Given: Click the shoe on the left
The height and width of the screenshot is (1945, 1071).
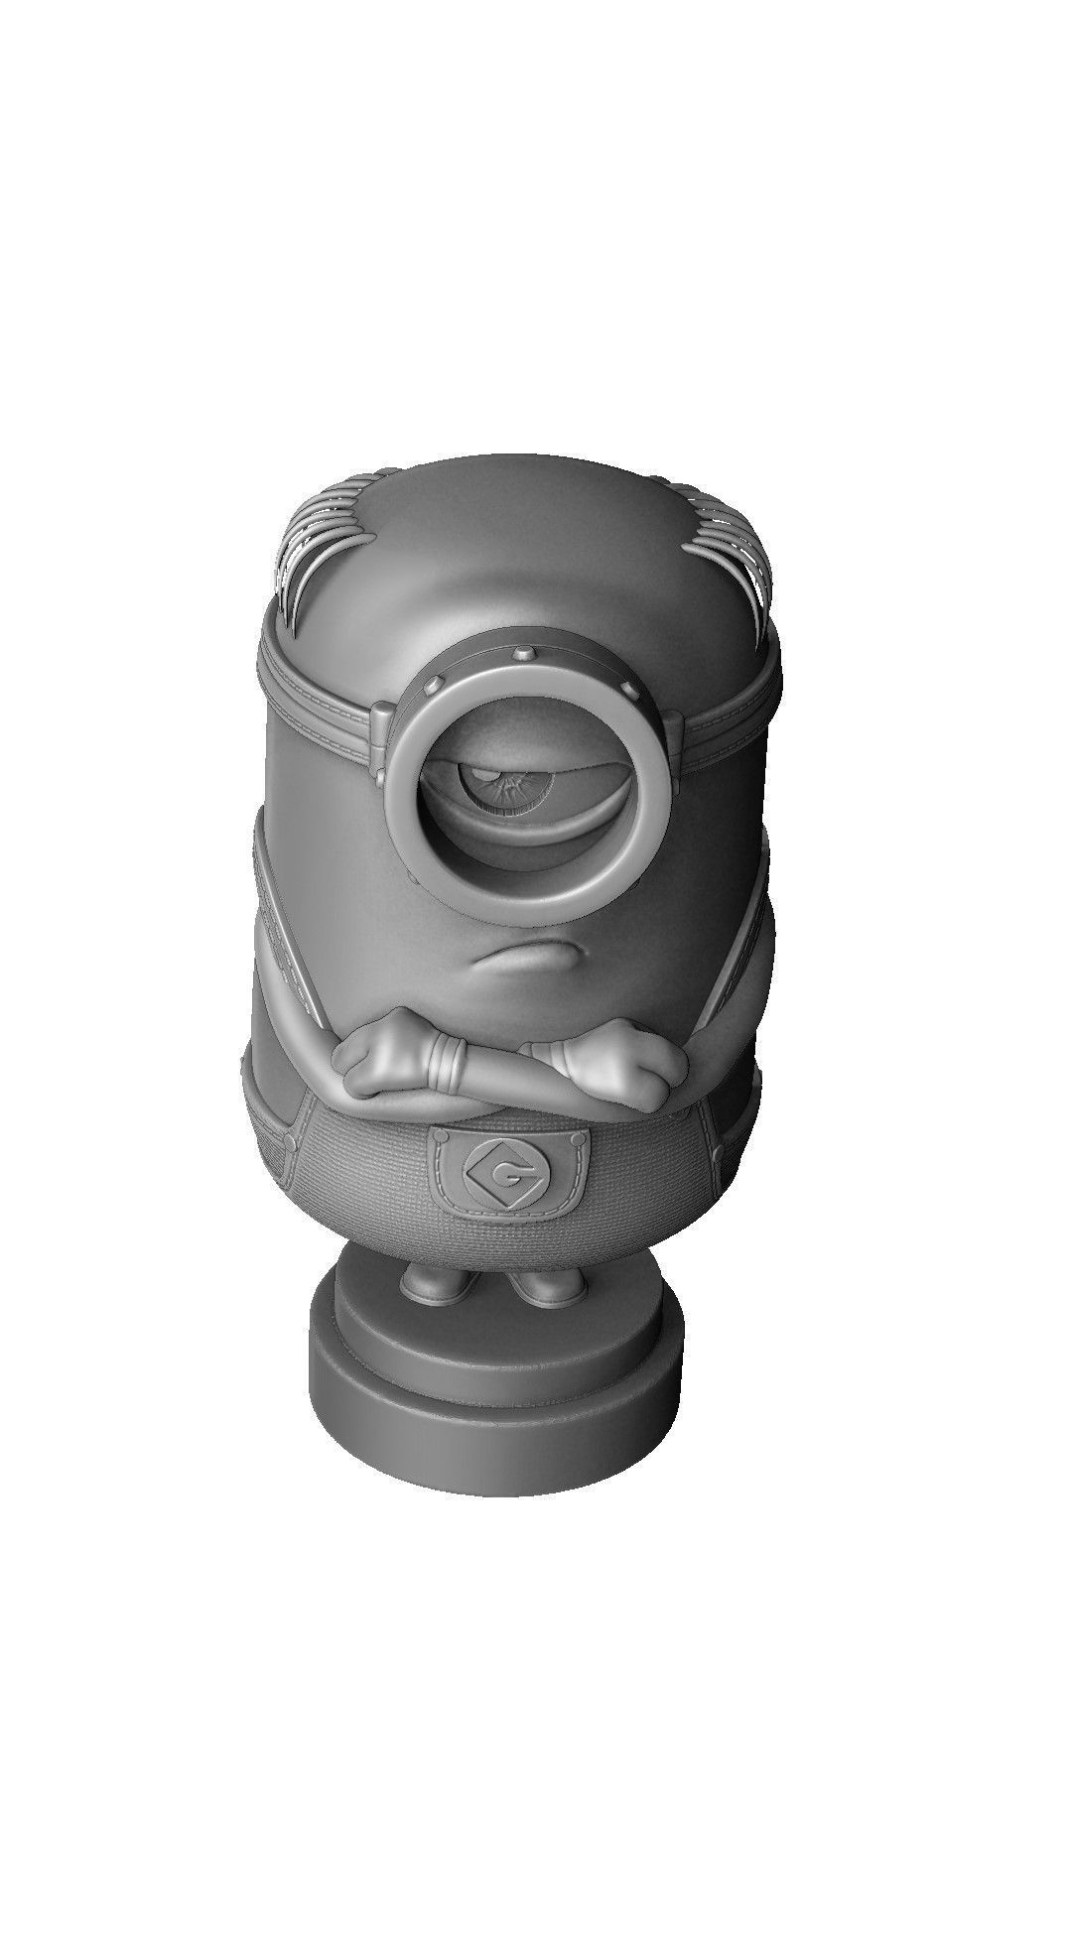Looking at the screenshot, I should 437,1287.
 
